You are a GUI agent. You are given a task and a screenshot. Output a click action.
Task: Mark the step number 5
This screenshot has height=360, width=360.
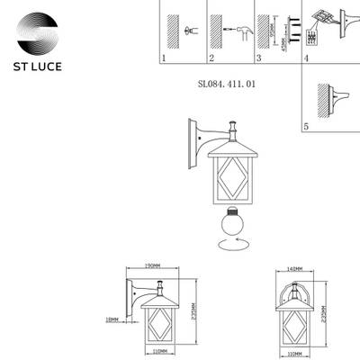(x=306, y=128)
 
